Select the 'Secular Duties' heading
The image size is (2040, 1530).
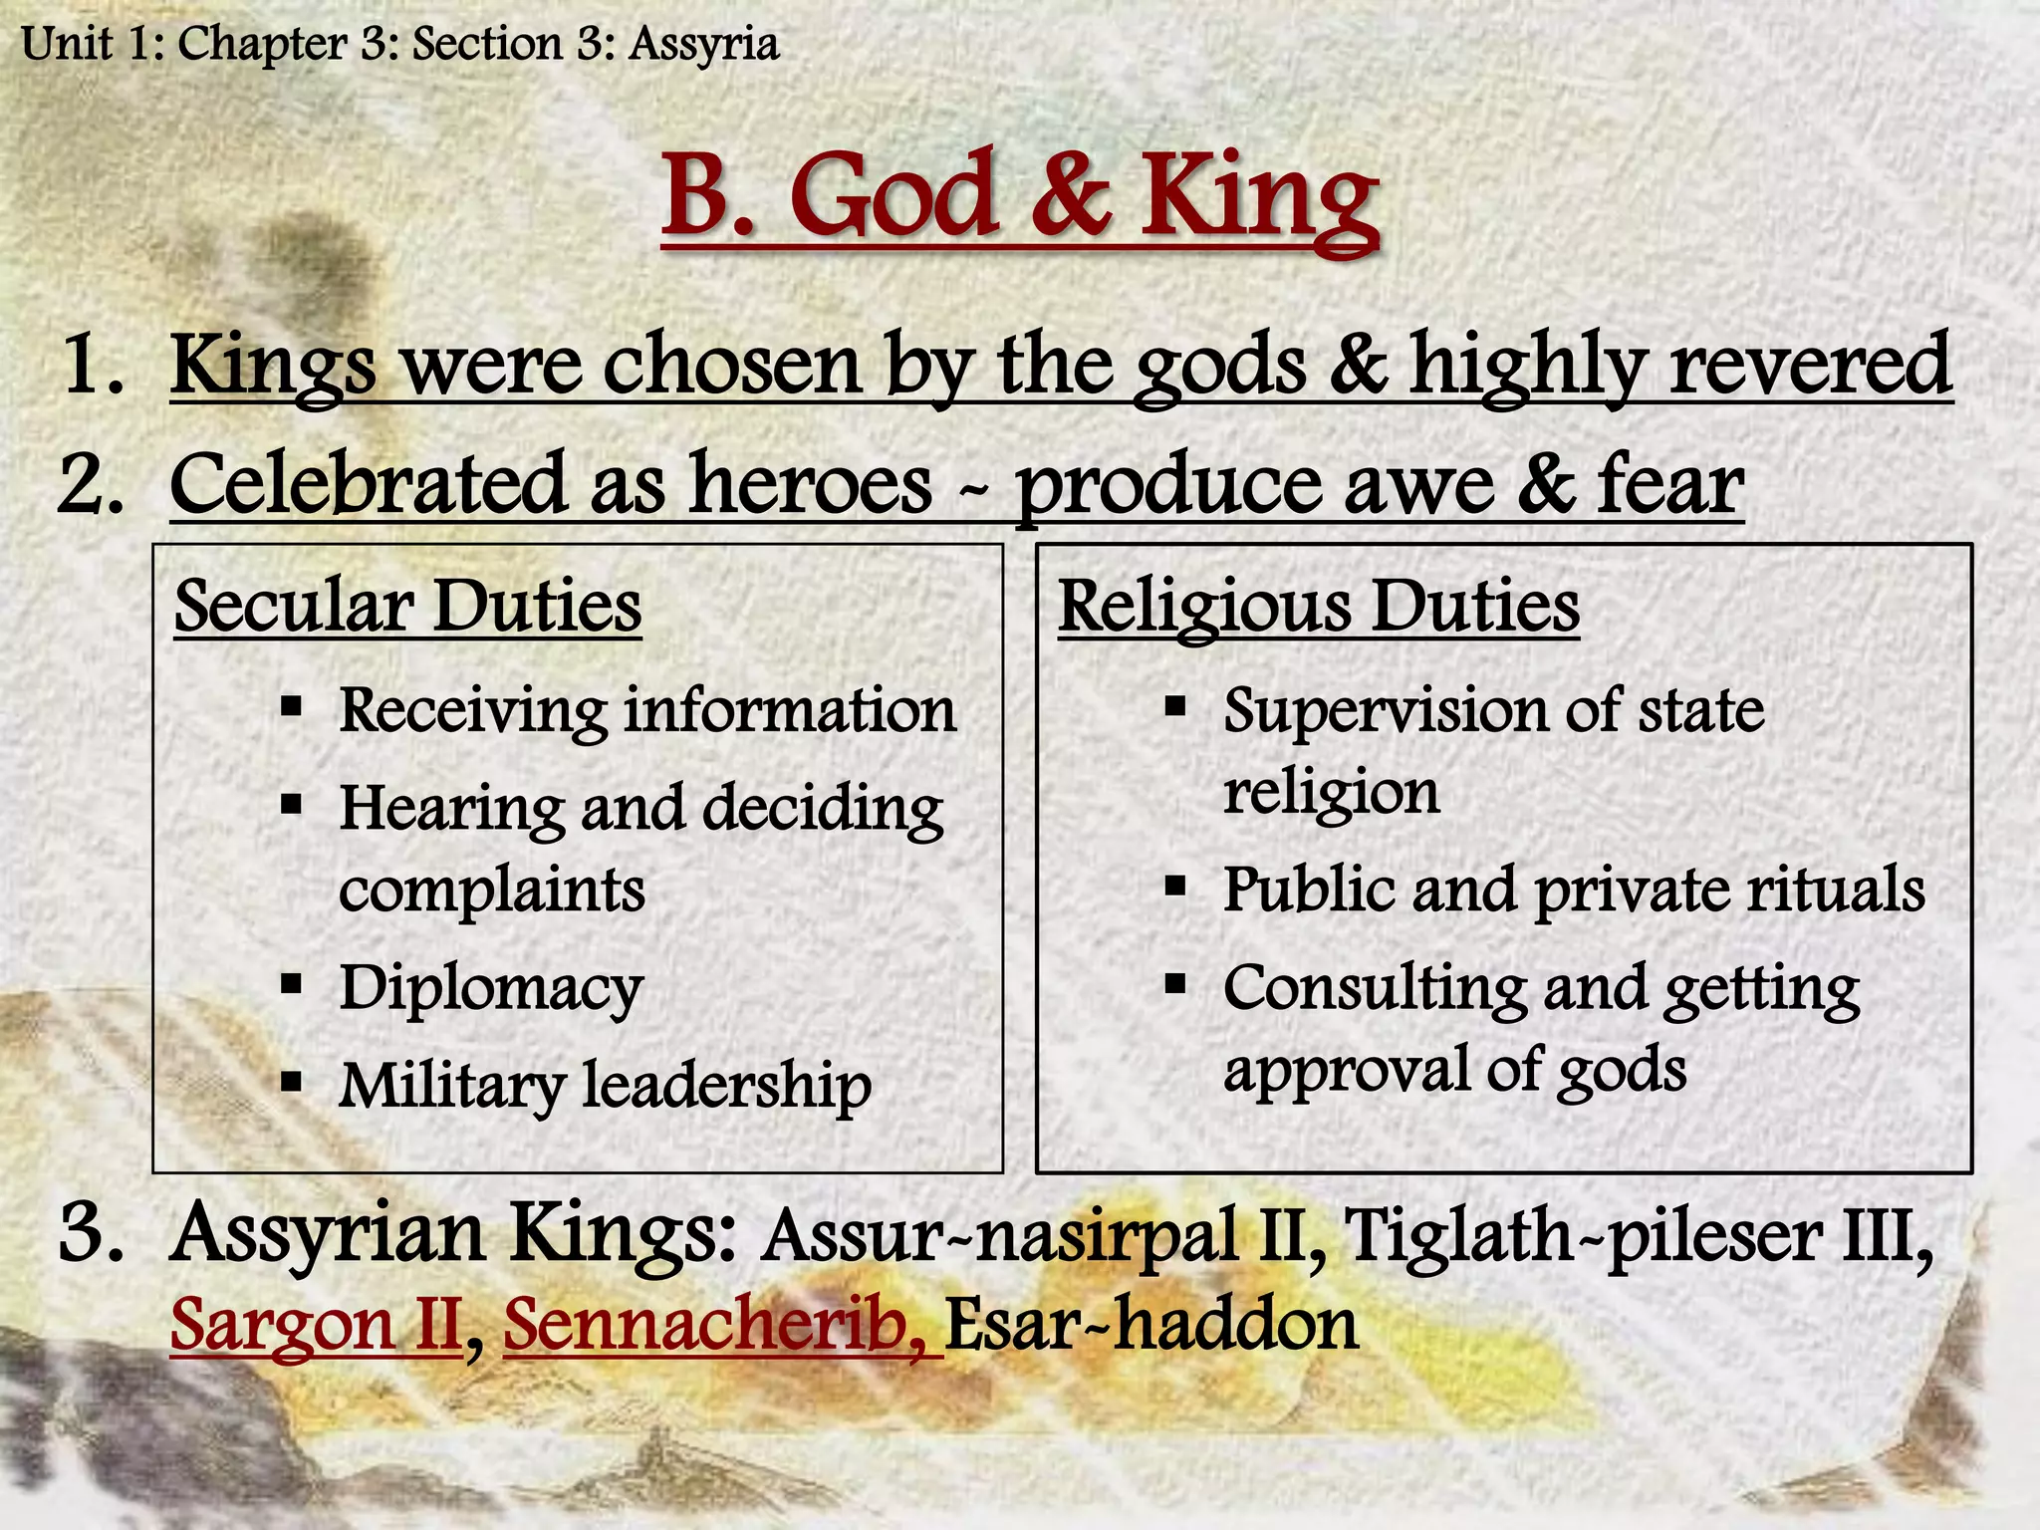(407, 606)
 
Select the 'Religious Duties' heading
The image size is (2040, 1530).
(1318, 606)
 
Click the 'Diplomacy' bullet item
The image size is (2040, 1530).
(491, 988)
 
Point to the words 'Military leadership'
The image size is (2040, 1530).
(605, 1085)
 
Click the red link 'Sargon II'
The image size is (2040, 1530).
(316, 1325)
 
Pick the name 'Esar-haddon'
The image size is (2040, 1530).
(1150, 1325)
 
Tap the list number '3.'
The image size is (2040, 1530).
(92, 1233)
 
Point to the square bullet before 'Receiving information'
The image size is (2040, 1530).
(291, 709)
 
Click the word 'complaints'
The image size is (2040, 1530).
(491, 890)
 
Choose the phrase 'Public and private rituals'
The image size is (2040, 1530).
(1573, 889)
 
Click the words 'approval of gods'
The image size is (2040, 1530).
(1454, 1070)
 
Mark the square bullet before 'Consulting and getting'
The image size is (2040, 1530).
(1175, 985)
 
